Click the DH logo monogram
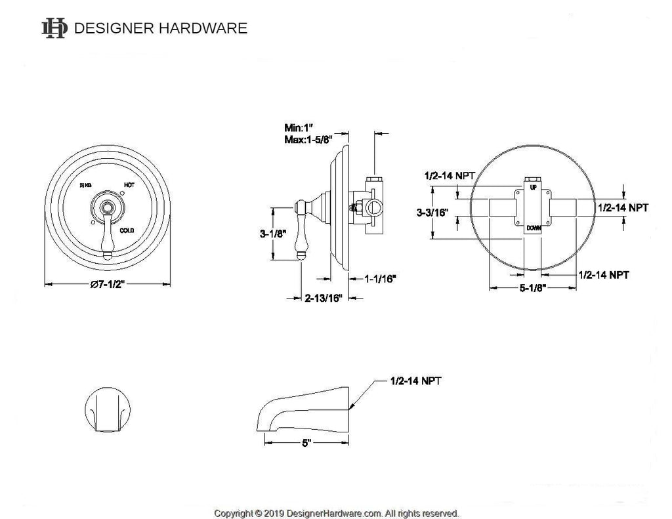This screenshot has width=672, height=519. coord(54,28)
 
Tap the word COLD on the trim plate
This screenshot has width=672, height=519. coord(128,230)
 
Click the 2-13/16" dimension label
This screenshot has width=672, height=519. coord(324,299)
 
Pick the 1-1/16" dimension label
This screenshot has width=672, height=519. coord(380,279)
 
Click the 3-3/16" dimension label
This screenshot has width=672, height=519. coord(432,213)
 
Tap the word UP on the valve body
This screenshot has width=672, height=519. coord(533,188)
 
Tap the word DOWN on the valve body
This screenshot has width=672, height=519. coord(533,228)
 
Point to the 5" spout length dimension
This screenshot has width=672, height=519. coord(306,444)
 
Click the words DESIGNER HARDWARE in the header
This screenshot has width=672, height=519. coord(161,28)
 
